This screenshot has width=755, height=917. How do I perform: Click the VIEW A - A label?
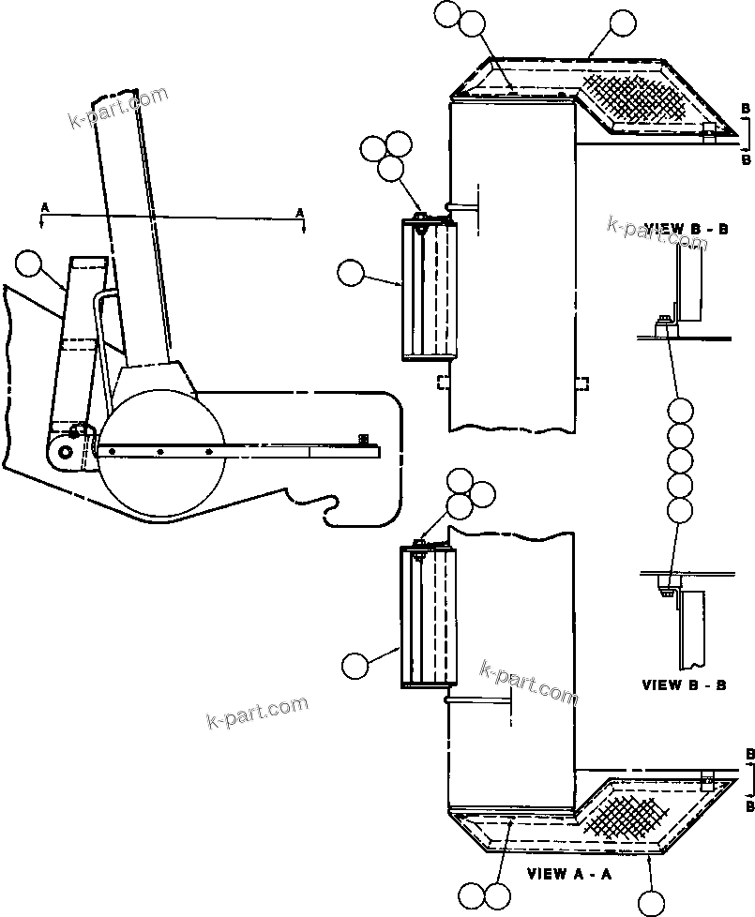tap(569, 874)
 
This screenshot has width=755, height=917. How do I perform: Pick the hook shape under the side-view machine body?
tap(329, 511)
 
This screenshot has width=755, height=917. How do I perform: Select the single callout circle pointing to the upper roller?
tap(351, 274)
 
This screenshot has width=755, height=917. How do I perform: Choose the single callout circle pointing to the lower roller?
tap(354, 665)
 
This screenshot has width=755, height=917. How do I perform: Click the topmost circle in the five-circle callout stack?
tap(681, 410)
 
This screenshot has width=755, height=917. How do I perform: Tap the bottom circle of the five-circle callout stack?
tap(681, 510)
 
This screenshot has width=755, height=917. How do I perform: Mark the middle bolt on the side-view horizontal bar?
tap(160, 451)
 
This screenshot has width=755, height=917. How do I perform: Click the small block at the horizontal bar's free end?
tap(364, 439)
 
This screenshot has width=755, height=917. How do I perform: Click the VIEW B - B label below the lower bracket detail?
tap(684, 685)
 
